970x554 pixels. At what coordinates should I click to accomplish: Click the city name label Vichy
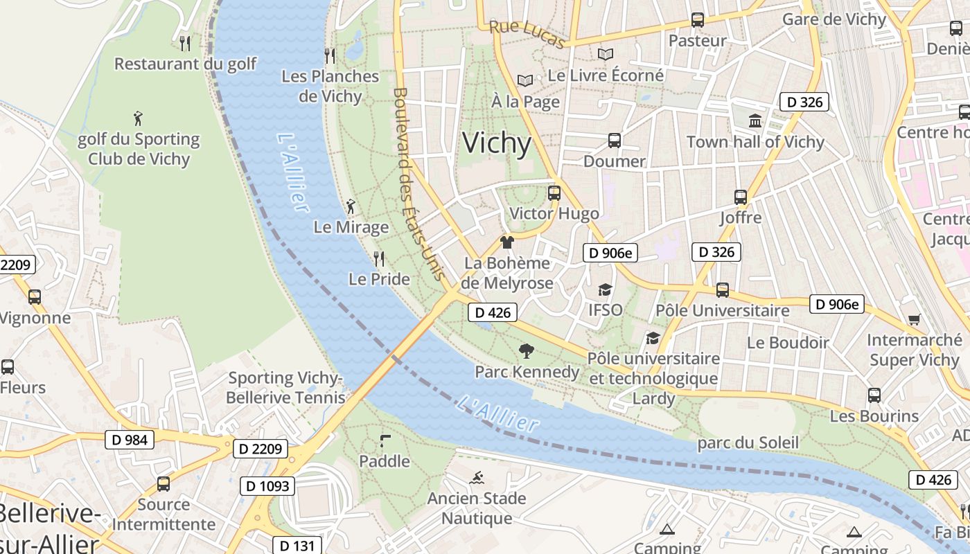497,143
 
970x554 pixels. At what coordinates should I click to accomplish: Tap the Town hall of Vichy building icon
755,121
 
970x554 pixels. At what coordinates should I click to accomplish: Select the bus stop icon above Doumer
614,141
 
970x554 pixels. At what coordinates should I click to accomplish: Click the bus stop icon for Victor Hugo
554,193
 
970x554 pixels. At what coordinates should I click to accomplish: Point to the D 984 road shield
129,439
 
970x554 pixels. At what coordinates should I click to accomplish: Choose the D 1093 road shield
267,486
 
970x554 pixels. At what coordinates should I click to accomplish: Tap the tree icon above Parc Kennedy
527,351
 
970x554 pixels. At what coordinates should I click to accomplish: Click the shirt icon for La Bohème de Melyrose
507,242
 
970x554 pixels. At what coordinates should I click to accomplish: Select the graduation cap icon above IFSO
605,289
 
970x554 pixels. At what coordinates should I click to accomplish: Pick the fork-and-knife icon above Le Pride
378,259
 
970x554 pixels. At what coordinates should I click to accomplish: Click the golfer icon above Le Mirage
351,206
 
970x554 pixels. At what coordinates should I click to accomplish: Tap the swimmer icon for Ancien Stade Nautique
477,478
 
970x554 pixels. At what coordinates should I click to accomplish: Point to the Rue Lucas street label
527,35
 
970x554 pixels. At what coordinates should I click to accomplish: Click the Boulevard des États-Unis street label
418,184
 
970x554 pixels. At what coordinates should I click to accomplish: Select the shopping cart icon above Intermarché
914,319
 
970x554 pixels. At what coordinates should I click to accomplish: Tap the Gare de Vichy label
834,19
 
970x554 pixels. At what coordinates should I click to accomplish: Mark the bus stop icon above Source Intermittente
164,484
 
